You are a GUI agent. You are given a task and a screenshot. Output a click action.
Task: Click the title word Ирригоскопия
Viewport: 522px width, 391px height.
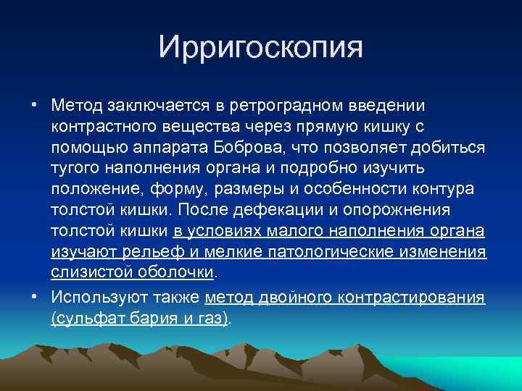(260, 49)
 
